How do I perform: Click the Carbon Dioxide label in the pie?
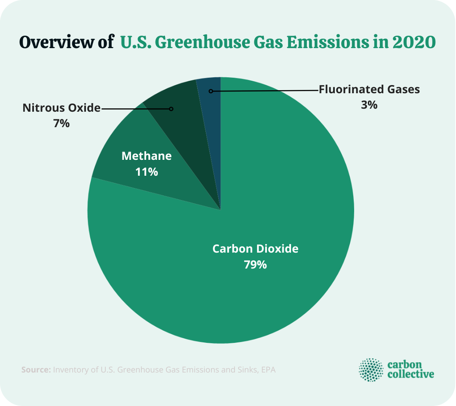tap(255, 249)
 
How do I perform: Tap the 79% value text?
tap(255, 265)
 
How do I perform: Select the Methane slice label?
tap(147, 156)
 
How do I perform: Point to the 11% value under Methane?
tap(147, 172)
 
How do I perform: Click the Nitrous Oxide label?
tap(61, 108)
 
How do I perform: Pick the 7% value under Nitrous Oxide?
tap(61, 124)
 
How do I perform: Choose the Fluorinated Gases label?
tap(369, 89)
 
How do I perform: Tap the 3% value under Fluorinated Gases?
tap(369, 105)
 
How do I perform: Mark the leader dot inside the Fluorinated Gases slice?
tap(211, 91)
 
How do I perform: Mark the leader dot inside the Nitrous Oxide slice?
tap(171, 109)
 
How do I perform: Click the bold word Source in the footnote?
tap(36, 369)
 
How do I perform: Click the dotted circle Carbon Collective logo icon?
tap(371, 369)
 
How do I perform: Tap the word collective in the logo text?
tap(411, 374)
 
